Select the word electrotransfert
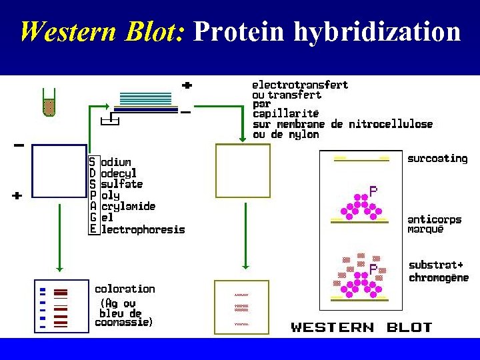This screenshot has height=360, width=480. click(299, 85)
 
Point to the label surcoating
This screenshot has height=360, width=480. click(437, 159)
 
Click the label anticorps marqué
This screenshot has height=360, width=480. click(434, 225)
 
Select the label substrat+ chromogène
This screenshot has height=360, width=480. click(438, 271)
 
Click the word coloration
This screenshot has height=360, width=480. click(125, 289)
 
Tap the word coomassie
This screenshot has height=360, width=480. click(123, 323)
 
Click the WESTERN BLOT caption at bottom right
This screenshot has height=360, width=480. click(361, 327)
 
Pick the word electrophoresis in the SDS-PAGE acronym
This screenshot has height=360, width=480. click(143, 229)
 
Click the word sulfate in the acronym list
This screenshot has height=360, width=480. click(122, 184)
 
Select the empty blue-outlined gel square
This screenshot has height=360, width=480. click(59, 171)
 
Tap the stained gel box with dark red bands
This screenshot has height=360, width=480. click(61, 306)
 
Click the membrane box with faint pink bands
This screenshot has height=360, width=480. click(241, 306)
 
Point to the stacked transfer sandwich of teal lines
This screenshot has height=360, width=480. click(145, 101)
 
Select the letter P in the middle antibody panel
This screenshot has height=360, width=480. click(373, 191)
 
